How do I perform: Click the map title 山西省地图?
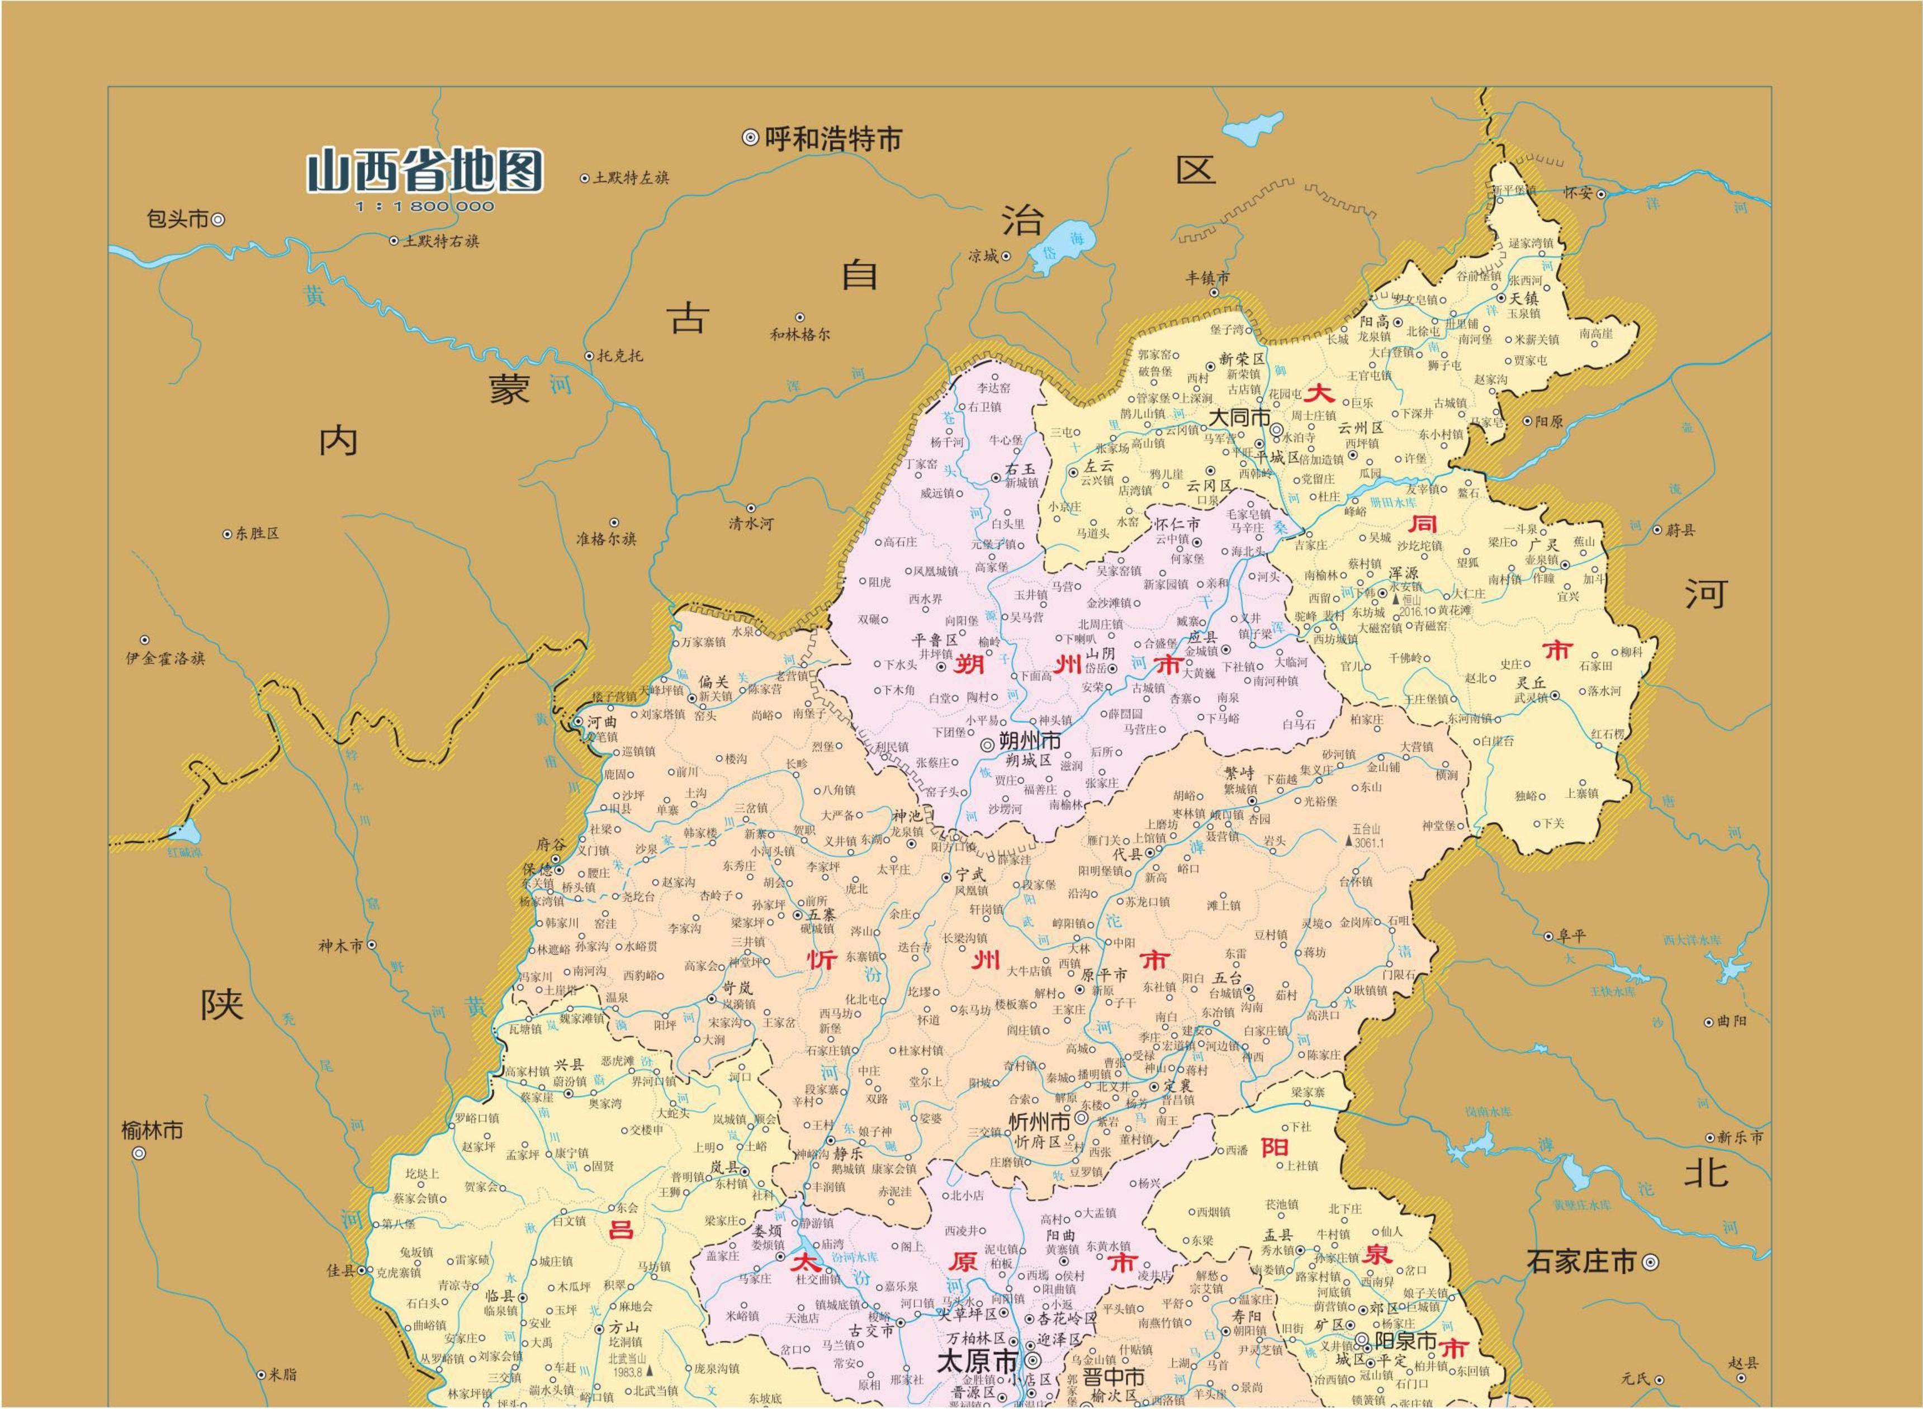click(425, 172)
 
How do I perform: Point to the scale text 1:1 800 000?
click(425, 206)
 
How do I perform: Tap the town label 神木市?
click(340, 945)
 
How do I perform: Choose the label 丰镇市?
click(1208, 278)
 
